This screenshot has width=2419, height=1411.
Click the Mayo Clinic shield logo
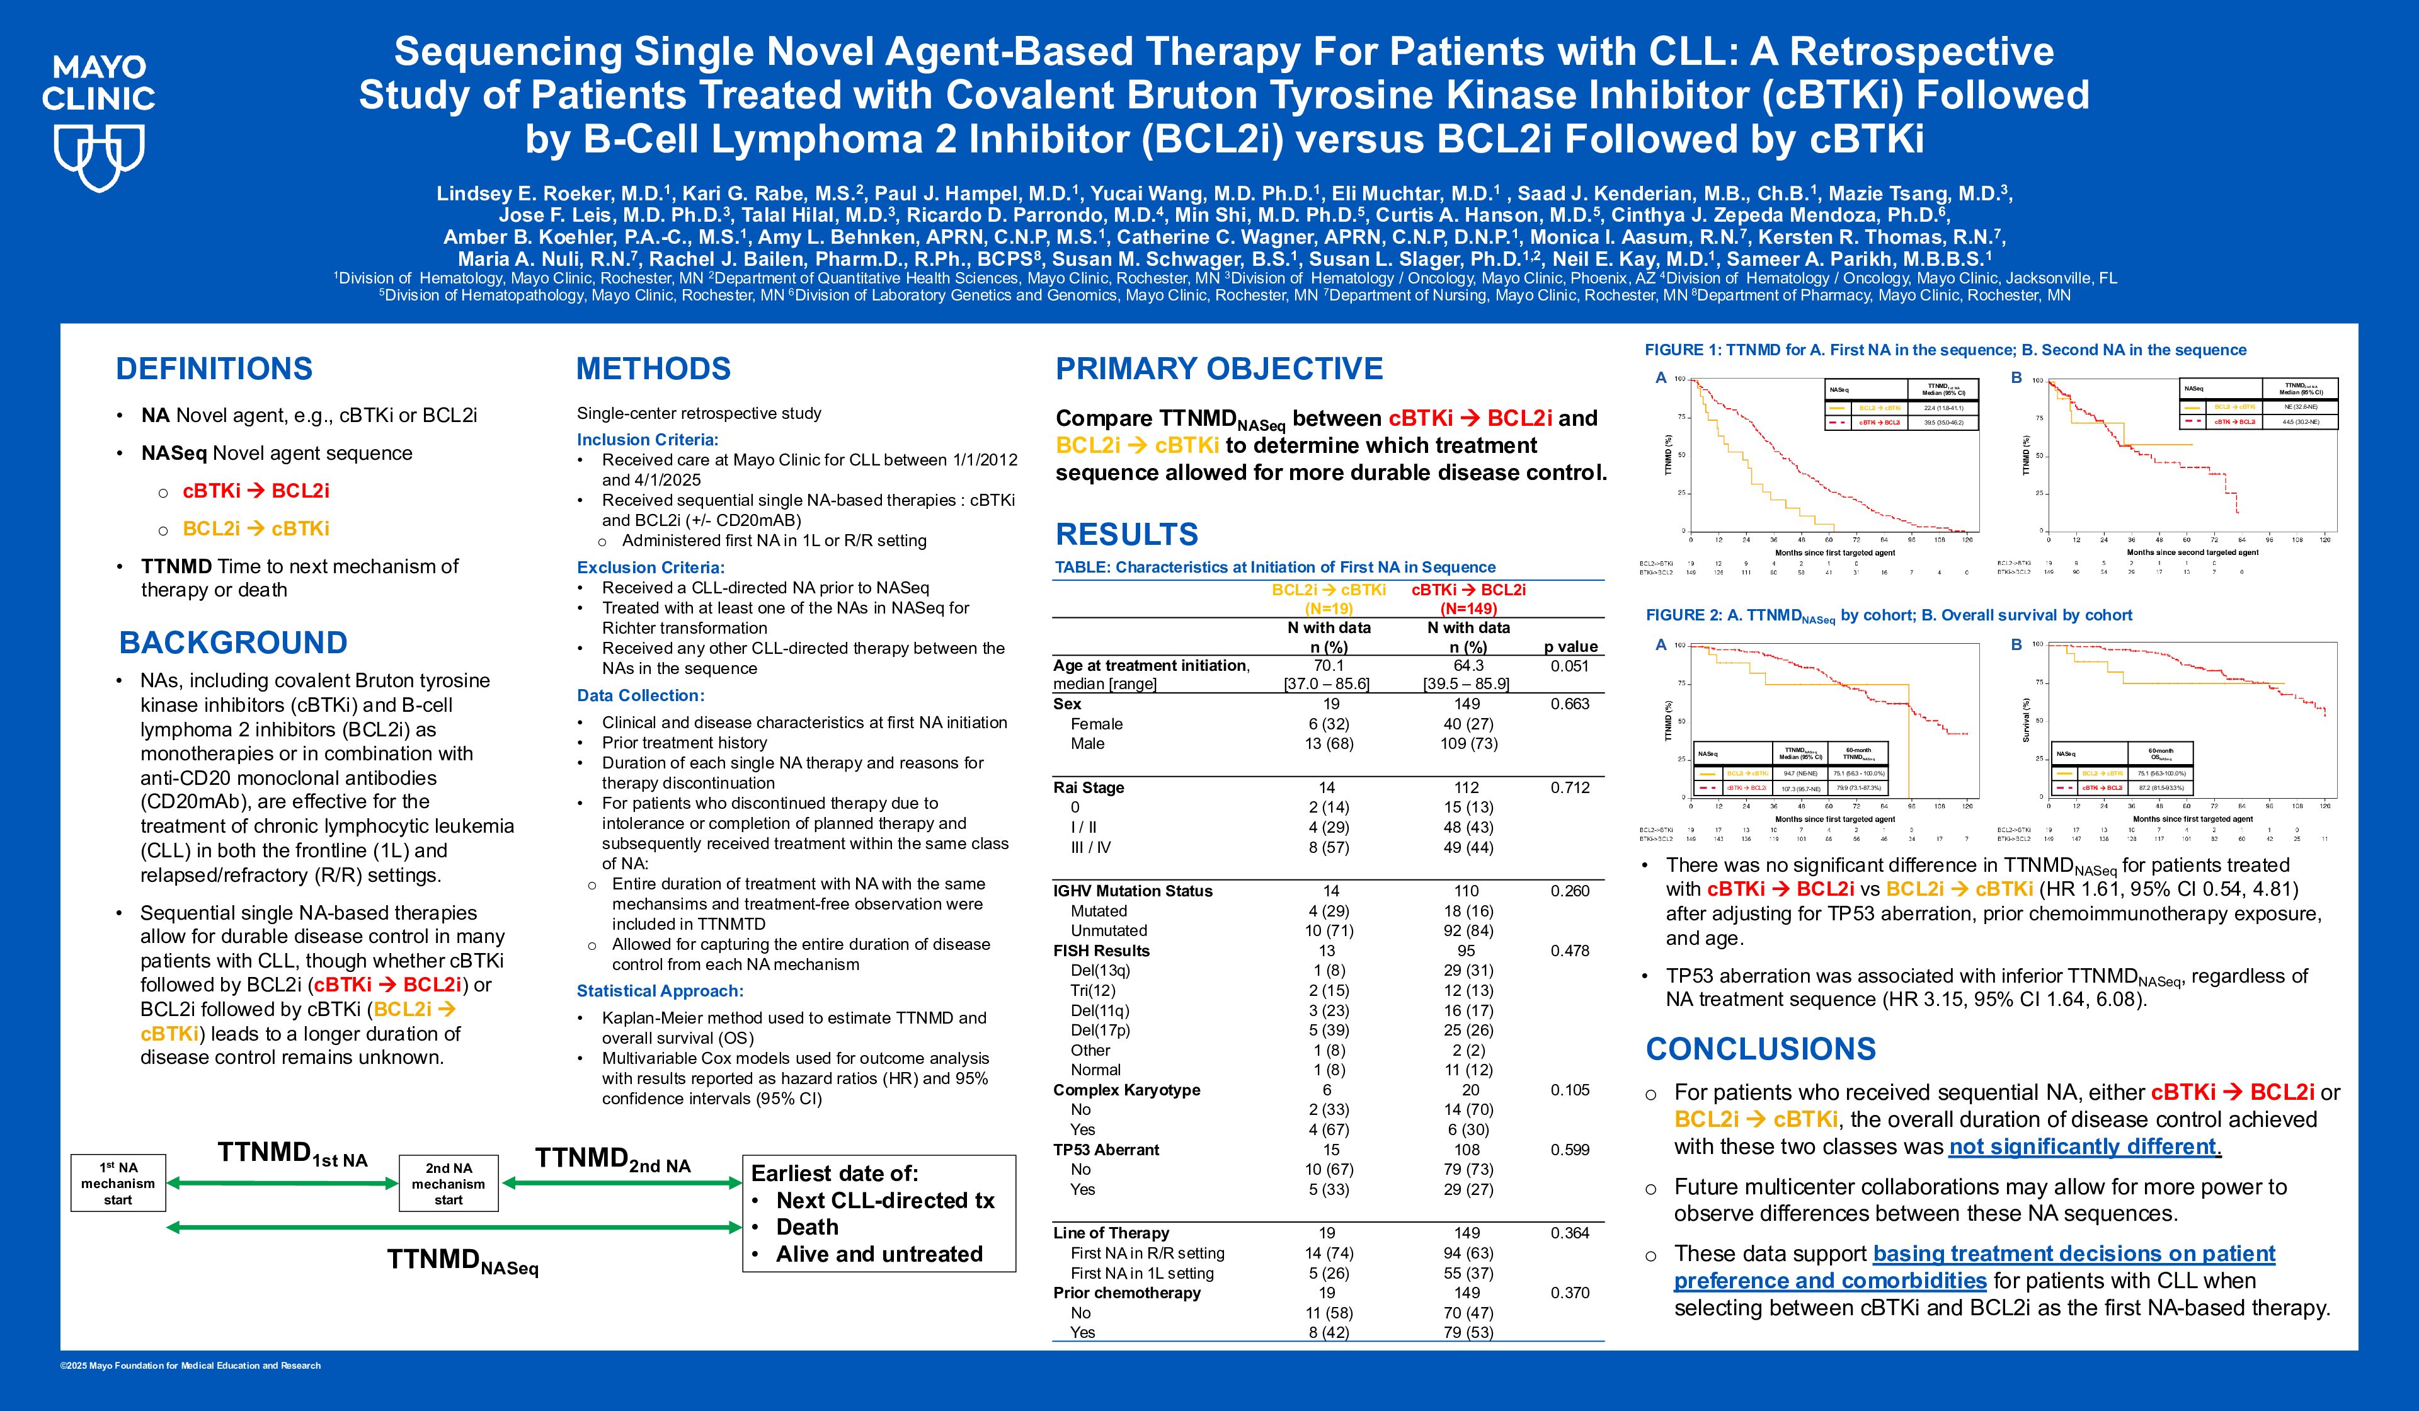pos(99,158)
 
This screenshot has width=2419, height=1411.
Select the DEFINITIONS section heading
pos(214,368)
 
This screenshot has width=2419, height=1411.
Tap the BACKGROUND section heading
pos(233,642)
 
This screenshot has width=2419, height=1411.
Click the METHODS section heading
pos(653,368)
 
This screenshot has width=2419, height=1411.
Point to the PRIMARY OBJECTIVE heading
pos(1219,368)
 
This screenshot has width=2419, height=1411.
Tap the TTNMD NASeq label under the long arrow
pos(462,1261)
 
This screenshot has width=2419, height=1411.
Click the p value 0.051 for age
pos(1569,665)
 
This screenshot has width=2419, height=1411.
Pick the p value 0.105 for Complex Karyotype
pos(1569,1090)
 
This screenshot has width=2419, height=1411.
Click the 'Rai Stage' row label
pos(1089,787)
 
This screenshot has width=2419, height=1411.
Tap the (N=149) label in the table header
pos(1468,608)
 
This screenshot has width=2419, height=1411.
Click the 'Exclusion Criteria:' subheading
pos(650,568)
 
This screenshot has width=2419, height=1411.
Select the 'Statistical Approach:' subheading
pos(660,991)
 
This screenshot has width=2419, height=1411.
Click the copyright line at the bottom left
pos(190,1365)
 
